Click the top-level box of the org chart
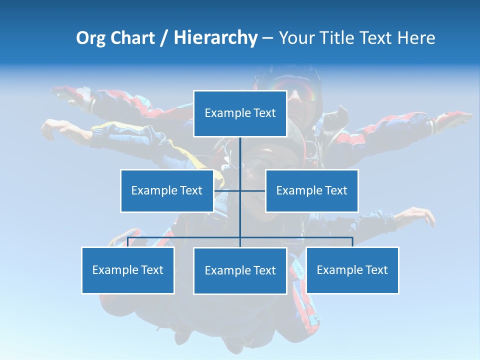pyautogui.click(x=240, y=113)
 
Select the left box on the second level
pyautogui.click(x=166, y=190)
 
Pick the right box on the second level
pyautogui.click(x=311, y=190)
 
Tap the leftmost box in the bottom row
pyautogui.click(x=128, y=270)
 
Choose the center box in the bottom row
pyautogui.click(x=240, y=271)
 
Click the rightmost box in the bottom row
pyautogui.click(x=352, y=270)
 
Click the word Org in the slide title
pyautogui.click(x=90, y=38)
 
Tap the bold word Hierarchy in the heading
pyautogui.click(x=215, y=38)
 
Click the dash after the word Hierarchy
pyautogui.click(x=267, y=38)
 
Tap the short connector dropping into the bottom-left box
pyautogui.click(x=128, y=242)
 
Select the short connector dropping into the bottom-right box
pyautogui.click(x=352, y=242)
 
